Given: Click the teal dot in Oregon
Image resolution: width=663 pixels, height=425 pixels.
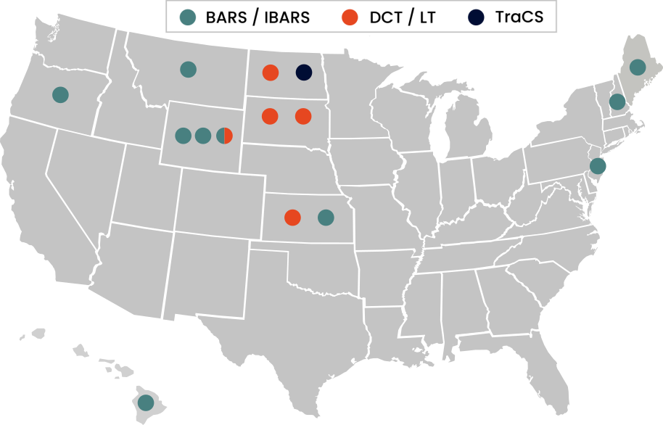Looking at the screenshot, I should click(60, 94).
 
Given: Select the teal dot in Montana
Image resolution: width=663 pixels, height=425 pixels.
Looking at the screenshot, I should click(188, 70).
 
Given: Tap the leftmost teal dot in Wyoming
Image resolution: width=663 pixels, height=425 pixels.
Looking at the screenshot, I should click(184, 136).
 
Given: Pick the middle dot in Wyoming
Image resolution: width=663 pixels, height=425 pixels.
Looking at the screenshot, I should click(203, 136).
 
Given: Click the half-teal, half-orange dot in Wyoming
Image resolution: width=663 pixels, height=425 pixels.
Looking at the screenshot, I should click(224, 136).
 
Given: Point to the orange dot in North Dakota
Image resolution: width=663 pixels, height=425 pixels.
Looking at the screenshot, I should click(271, 73).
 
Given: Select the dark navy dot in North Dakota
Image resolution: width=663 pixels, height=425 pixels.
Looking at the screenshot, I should click(304, 73).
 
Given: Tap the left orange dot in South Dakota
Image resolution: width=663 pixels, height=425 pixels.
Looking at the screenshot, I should click(270, 116).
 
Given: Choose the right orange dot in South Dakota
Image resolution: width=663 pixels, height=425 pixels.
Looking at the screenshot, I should click(303, 116).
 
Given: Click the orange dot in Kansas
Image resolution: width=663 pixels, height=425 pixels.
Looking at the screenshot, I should click(292, 218).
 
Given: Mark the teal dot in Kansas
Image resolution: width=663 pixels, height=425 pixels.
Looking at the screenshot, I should click(326, 218).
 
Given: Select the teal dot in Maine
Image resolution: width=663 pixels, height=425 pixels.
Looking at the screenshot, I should click(638, 67).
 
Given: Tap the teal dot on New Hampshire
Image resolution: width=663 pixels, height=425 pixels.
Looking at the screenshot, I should click(617, 102).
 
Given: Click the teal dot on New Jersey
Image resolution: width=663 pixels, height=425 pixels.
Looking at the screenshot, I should click(598, 166).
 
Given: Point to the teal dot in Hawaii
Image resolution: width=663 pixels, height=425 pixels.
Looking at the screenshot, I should click(146, 402).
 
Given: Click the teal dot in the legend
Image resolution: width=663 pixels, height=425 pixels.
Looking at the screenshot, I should click(187, 17).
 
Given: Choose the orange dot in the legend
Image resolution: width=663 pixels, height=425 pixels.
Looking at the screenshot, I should click(350, 17).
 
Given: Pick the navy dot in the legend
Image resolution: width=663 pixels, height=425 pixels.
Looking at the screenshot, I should click(476, 17).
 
